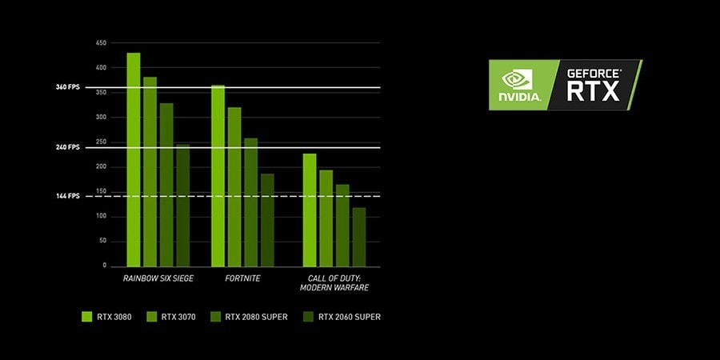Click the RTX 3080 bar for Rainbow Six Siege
pyautogui.click(x=134, y=159)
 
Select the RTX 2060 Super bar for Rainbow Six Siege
pyautogui.click(x=182, y=206)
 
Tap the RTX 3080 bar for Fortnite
pyautogui.click(x=218, y=176)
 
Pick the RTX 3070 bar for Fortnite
pyautogui.click(x=234, y=187)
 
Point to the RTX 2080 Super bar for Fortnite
pyautogui.click(x=250, y=202)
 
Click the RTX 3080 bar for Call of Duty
pyautogui.click(x=310, y=210)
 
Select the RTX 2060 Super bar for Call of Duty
pyautogui.click(x=359, y=237)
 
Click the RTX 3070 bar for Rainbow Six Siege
pyautogui.click(x=150, y=172)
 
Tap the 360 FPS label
pyautogui.click(x=68, y=87)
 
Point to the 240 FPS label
pyautogui.click(x=68, y=147)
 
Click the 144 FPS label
pyautogui.click(x=68, y=196)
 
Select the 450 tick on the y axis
pyautogui.click(x=102, y=43)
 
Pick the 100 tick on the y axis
pyautogui.click(x=102, y=217)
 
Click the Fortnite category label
pyautogui.click(x=242, y=278)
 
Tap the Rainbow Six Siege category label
pyautogui.click(x=158, y=278)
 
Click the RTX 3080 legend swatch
pyautogui.click(x=87, y=317)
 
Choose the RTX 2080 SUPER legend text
pyautogui.click(x=256, y=317)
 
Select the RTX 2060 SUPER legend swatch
pyautogui.click(x=309, y=317)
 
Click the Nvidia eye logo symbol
pyautogui.click(x=517, y=79)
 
